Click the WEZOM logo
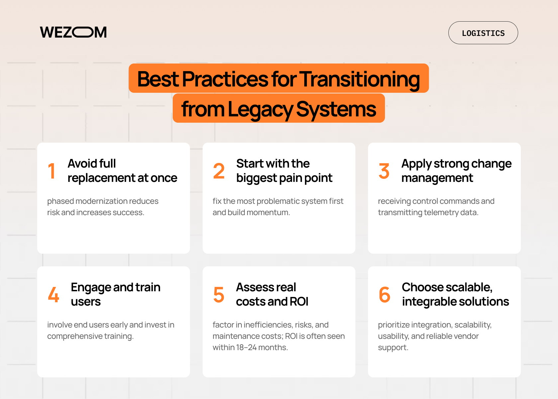point(73,33)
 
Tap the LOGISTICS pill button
point(483,33)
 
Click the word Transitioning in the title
point(360,79)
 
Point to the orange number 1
point(51,171)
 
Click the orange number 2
point(219,171)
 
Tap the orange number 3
point(384,171)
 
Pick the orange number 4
point(53,295)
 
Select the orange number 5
point(219,295)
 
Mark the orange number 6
point(384,295)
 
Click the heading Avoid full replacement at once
point(122,171)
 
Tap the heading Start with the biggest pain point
point(284,171)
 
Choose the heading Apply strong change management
point(456,171)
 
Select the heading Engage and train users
point(115,295)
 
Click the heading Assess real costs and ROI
point(272,295)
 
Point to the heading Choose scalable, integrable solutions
point(455,295)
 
